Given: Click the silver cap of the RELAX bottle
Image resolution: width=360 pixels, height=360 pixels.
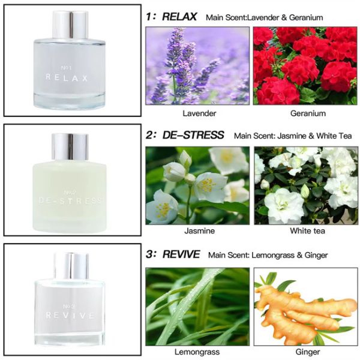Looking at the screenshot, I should [70, 25].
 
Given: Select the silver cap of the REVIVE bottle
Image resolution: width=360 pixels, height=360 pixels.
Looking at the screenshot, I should [70, 264].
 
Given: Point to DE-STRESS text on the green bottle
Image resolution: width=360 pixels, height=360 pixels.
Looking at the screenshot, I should [70, 200].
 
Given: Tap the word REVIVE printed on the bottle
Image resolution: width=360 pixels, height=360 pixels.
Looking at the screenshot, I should [70, 315].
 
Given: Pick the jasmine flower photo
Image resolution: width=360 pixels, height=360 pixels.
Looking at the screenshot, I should [197, 185].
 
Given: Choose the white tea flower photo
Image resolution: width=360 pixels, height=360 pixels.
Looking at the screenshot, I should [305, 185].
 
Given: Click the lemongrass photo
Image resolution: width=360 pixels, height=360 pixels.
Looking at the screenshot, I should [197, 306].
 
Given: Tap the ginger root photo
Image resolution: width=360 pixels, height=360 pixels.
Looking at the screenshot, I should [305, 306].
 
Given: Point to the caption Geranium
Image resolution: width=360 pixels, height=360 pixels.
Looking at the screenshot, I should [306, 113].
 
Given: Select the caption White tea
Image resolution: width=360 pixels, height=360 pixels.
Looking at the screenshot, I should [305, 230].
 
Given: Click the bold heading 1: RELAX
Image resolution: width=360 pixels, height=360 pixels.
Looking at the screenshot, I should [172, 16].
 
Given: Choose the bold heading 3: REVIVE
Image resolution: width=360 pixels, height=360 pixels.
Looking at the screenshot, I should [173, 254].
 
